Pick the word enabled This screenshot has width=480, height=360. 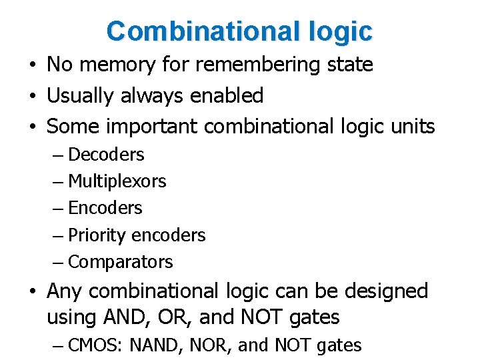point(227,96)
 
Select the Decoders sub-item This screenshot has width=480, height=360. point(106,155)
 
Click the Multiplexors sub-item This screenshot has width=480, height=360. point(117,181)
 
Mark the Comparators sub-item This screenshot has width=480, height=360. point(121,262)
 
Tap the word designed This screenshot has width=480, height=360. point(388,291)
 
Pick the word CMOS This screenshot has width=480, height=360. point(95,345)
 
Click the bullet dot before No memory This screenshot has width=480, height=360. point(32,65)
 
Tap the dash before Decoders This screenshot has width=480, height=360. point(59,155)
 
